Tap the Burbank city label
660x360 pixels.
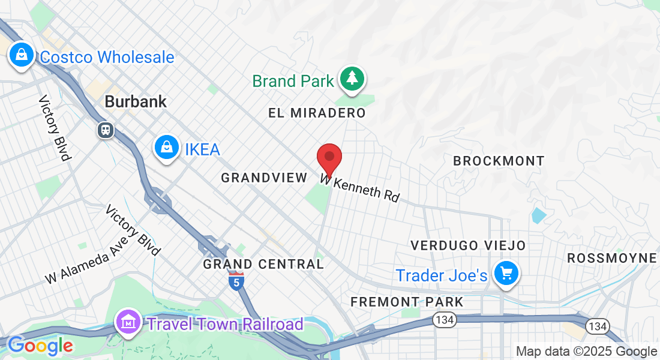point(136,101)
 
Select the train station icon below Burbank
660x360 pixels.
point(106,130)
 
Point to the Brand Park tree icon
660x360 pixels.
point(352,79)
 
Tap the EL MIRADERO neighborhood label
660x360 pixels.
point(317,113)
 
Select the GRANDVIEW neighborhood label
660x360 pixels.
point(264,178)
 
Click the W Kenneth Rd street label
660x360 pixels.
point(360,188)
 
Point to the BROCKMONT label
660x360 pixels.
point(499,161)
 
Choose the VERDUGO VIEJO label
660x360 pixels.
point(468,245)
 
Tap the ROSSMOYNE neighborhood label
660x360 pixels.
point(612,258)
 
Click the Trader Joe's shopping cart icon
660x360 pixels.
point(506,274)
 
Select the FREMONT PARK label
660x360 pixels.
point(407,301)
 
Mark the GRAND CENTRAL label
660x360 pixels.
point(263,264)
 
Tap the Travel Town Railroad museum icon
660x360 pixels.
point(128,323)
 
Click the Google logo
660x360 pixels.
point(40,346)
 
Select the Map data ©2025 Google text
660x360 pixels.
point(586,352)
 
